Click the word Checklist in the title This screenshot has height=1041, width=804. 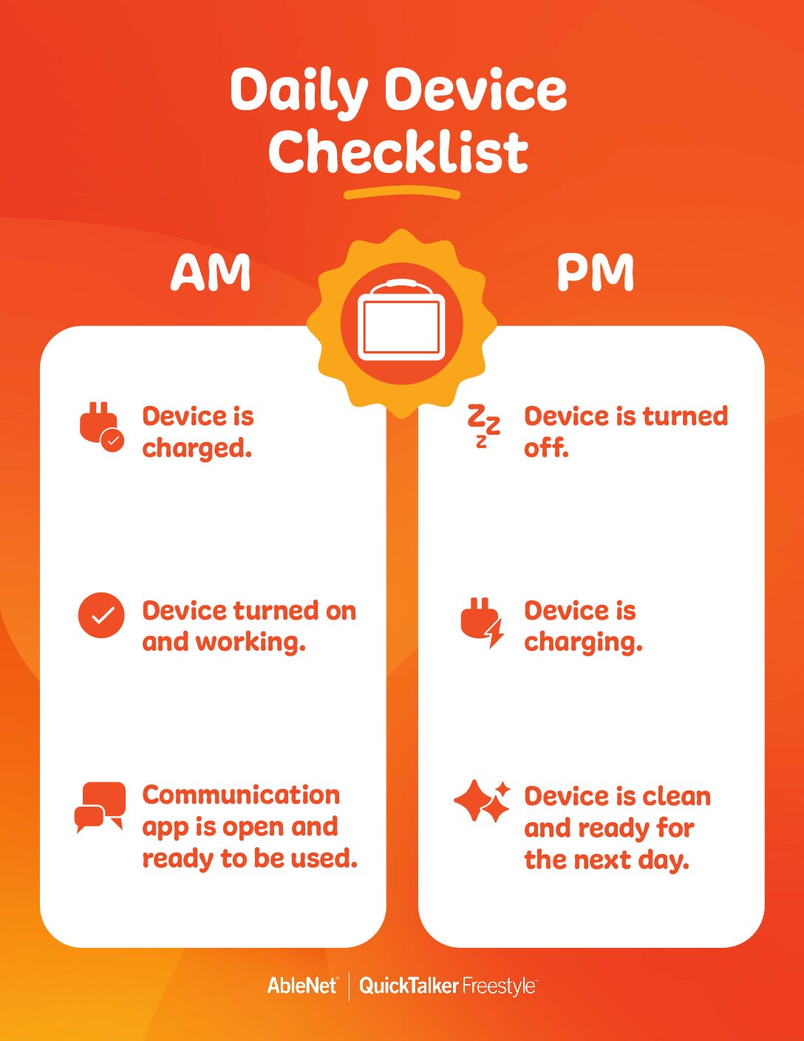tap(398, 152)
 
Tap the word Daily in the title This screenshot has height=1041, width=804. tap(299, 92)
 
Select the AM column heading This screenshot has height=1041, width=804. tap(211, 272)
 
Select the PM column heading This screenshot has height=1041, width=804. tap(595, 272)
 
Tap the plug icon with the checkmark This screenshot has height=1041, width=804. tap(101, 427)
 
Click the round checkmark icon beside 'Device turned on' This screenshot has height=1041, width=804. tap(101, 615)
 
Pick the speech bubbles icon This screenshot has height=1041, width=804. tap(100, 807)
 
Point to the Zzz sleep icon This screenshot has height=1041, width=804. tap(483, 426)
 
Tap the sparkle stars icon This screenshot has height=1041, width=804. tap(482, 807)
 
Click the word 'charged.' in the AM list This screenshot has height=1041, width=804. tap(197, 449)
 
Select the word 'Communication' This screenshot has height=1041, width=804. tap(241, 796)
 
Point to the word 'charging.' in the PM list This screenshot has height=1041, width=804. tap(583, 642)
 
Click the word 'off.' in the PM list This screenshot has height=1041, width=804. tap(546, 448)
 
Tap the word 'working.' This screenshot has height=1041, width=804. tap(251, 642)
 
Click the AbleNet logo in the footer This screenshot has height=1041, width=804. tap(302, 986)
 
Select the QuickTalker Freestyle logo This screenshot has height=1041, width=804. tap(449, 986)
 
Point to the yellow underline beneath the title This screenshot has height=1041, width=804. tap(402, 194)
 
